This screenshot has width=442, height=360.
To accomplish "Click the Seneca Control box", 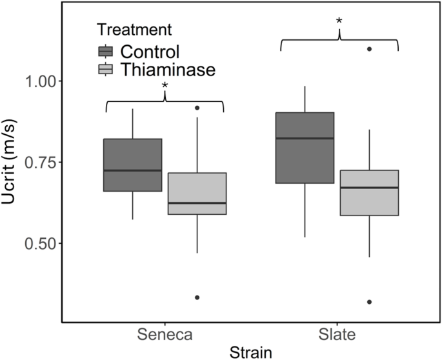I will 132,165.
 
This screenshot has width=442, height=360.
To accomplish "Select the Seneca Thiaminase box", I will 197,193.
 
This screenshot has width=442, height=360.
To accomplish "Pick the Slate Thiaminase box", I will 369,192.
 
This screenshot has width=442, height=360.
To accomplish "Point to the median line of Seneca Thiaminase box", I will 197,203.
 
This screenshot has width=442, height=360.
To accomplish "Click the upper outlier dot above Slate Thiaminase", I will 369,49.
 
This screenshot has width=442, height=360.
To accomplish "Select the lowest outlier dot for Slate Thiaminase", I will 369,302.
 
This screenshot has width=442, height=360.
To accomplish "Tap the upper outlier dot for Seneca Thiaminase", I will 197,108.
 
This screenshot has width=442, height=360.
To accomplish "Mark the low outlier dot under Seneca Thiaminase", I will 197,297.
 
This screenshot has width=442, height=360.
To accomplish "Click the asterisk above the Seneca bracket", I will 165,86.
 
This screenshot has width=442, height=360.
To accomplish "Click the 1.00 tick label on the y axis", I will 40,81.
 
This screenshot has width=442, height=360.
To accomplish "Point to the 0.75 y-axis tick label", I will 40,162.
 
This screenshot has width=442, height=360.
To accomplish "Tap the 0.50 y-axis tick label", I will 40,243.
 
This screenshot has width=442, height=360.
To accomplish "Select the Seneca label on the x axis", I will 165,335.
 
